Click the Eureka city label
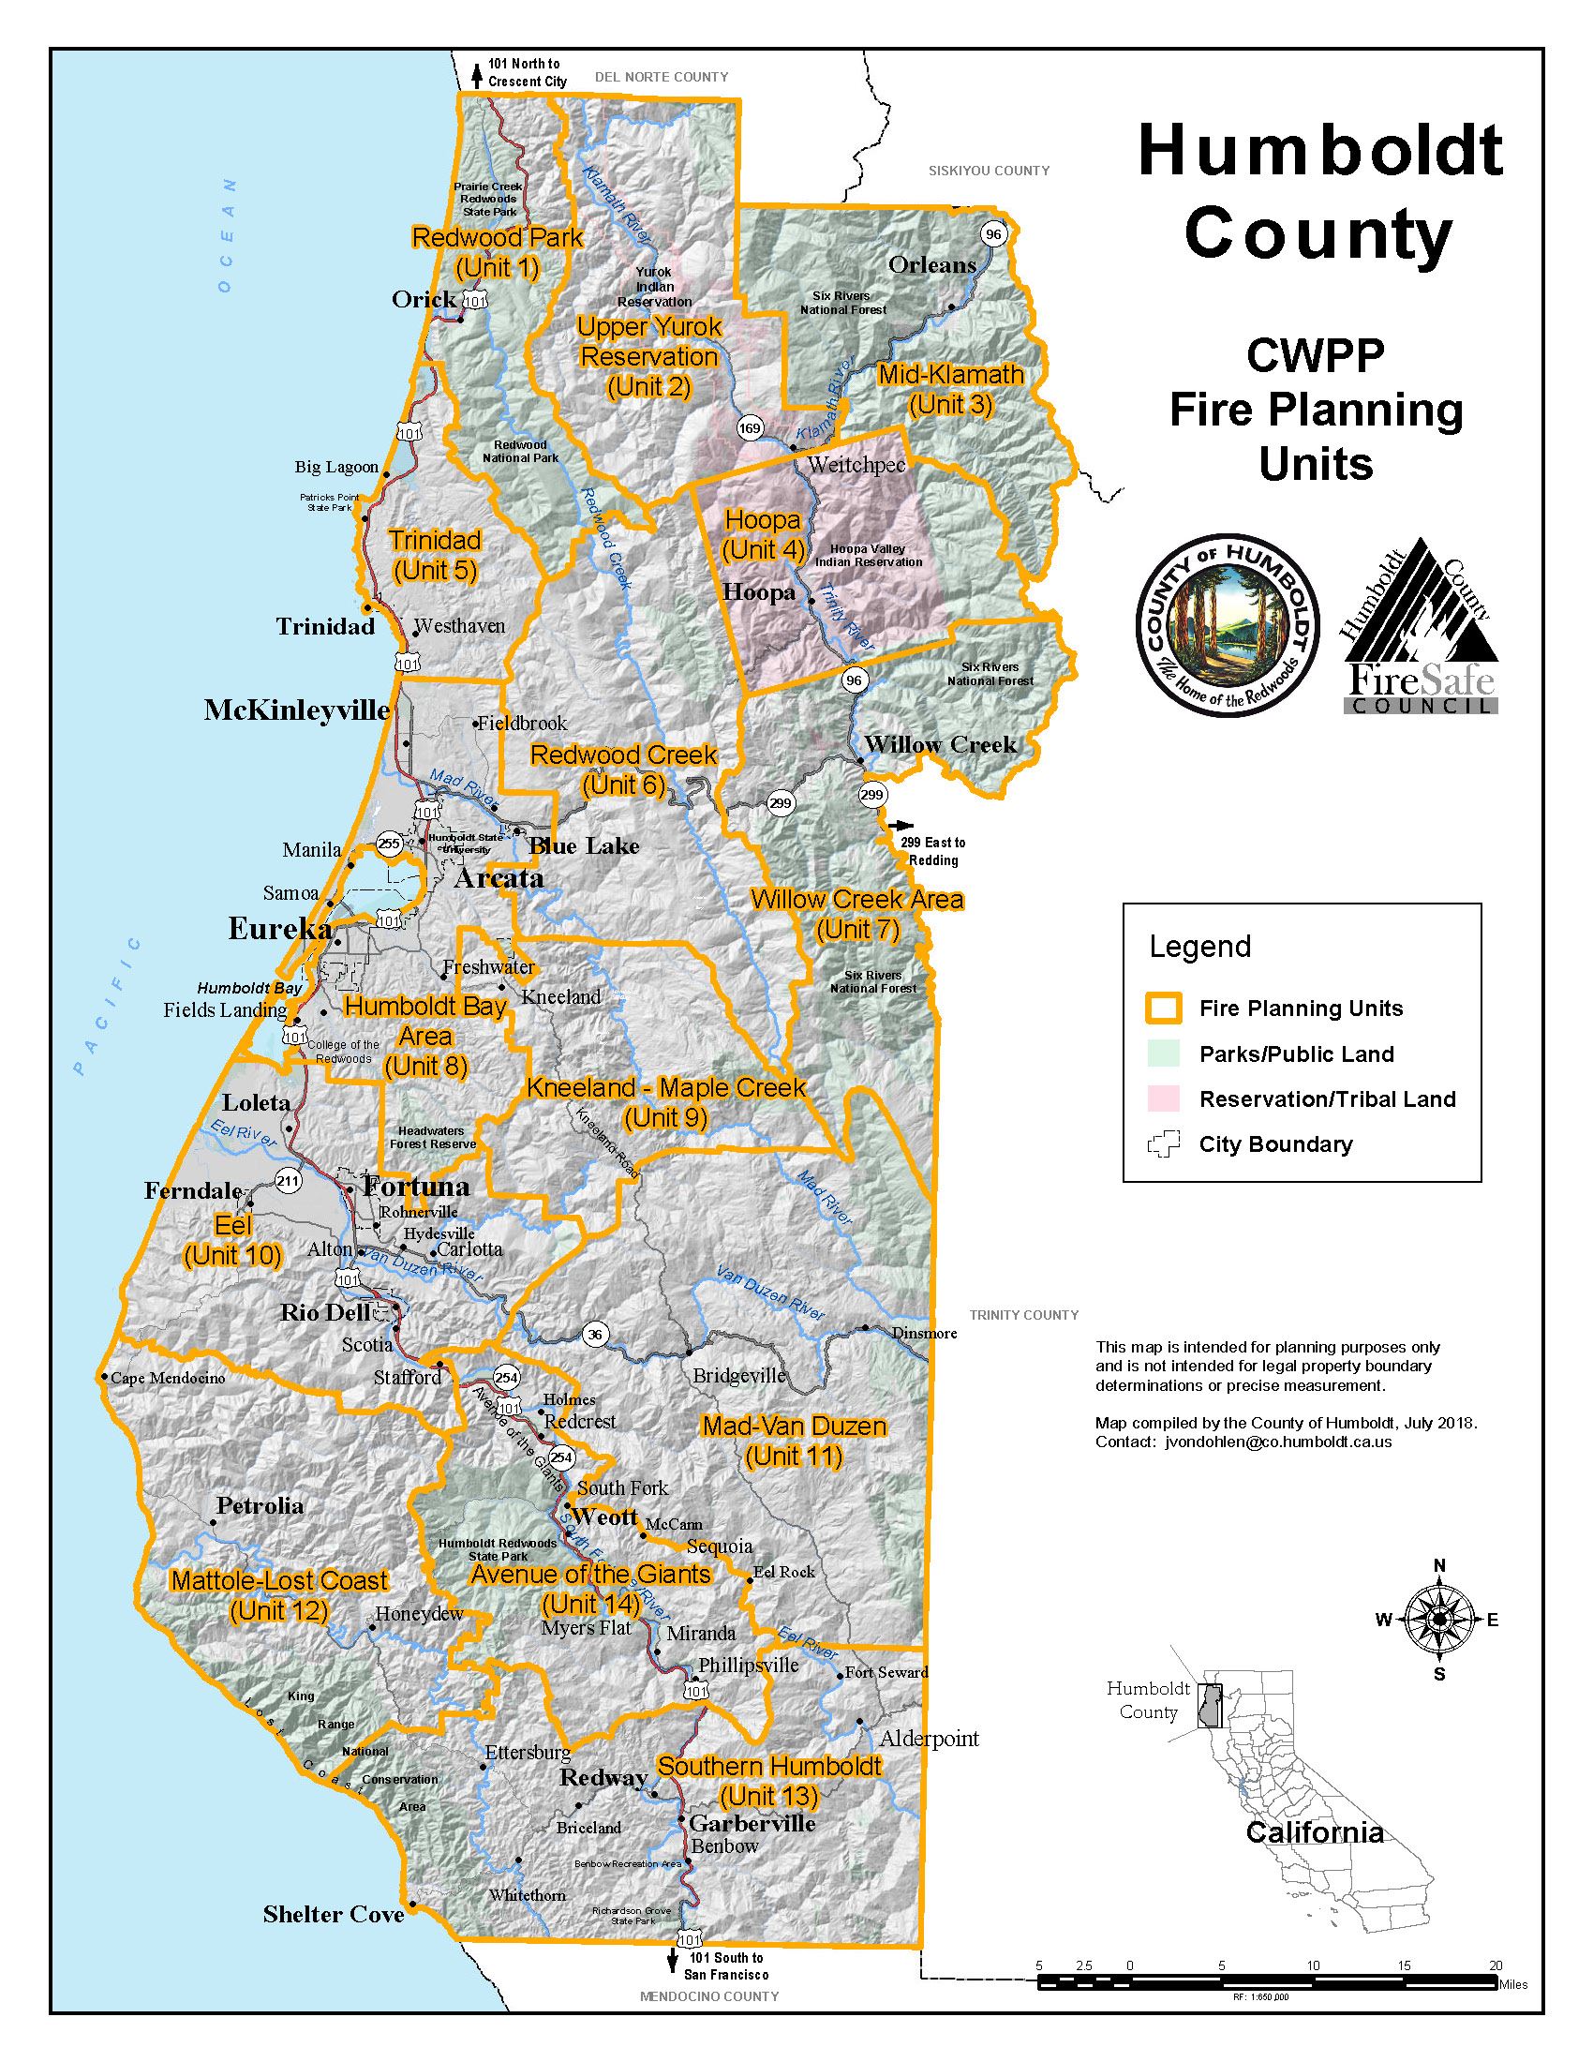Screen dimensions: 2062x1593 pos(279,929)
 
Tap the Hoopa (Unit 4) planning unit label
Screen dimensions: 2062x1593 pos(763,534)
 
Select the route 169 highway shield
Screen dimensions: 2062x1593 pos(751,428)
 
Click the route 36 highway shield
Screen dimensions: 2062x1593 pos(593,1334)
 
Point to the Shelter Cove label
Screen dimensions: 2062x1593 pos(334,1914)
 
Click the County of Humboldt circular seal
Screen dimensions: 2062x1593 pos(1227,628)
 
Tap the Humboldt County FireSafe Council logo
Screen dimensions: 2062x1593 pos(1419,628)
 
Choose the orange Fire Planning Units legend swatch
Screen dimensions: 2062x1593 pos(1163,1009)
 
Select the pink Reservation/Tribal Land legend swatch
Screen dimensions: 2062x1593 pos(1163,1099)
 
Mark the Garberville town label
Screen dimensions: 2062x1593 pos(752,1823)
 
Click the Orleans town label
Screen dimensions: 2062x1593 pos(931,264)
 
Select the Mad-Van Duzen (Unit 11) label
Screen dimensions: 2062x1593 pos(794,1441)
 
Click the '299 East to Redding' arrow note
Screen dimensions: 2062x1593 pos(931,851)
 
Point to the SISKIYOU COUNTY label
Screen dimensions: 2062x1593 pos(988,171)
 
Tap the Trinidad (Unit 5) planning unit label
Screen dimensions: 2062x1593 pos(435,555)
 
